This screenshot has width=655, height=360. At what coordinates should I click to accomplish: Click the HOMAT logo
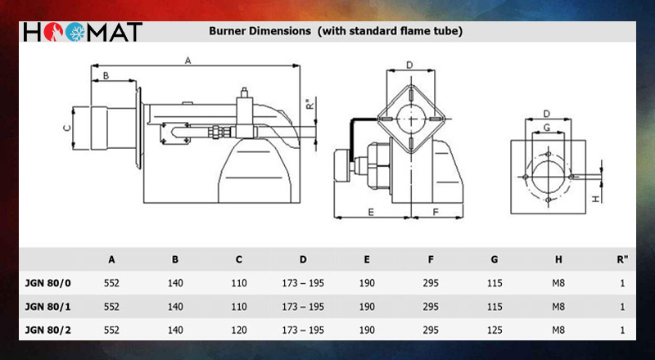[83, 32]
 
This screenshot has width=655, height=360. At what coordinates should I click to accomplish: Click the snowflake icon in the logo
[75, 32]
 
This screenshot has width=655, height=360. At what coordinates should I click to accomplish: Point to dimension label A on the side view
[188, 61]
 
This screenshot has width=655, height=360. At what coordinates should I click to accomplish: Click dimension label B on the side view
[106, 75]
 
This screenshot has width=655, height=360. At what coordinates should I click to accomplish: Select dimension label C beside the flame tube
[67, 128]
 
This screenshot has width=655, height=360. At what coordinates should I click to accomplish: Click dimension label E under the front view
[371, 212]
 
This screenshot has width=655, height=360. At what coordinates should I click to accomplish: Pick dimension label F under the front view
[436, 212]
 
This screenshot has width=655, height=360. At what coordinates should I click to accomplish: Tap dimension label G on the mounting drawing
[547, 128]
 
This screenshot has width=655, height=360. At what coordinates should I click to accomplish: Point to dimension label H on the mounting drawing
[596, 199]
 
